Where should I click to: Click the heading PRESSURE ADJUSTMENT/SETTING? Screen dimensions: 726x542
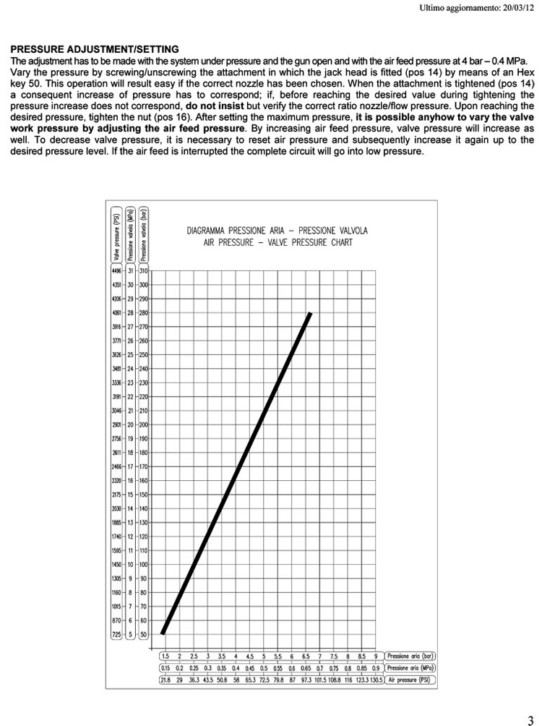pyautogui.click(x=95, y=49)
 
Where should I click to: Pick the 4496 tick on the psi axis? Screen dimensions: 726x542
pyautogui.click(x=116, y=270)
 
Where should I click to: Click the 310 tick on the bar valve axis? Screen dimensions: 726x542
pyautogui.click(x=144, y=270)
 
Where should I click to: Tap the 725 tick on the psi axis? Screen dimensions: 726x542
pyautogui.click(x=116, y=634)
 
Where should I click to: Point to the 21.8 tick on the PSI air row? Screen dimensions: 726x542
pyautogui.click(x=165, y=680)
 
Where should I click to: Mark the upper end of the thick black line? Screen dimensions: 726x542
pyautogui.click(x=310, y=313)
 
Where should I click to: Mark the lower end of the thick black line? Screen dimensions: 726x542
pyautogui.click(x=163, y=633)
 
